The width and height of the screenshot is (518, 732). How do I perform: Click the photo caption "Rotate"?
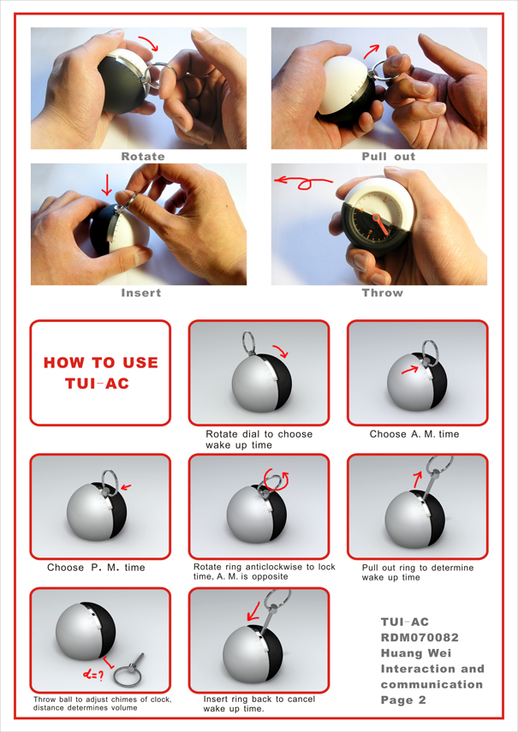coord(143,157)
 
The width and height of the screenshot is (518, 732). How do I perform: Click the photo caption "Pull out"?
coord(388,157)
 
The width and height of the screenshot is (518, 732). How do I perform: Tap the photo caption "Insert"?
coord(141,293)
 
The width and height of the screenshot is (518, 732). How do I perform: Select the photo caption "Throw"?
coord(382,293)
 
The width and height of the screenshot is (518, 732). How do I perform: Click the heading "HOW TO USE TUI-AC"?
coord(100,373)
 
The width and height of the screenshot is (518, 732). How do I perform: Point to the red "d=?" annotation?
coord(92,675)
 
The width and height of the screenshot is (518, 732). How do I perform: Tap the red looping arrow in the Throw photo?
coord(303,182)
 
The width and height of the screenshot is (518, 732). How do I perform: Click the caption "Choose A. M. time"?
coord(414,434)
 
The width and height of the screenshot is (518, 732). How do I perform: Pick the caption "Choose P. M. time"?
coord(96,568)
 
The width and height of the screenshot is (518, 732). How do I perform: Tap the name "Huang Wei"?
coord(416,653)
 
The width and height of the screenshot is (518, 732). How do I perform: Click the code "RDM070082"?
coord(420,637)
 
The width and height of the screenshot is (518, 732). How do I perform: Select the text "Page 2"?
coord(403,699)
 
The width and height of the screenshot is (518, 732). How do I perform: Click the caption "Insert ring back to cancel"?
coord(259,699)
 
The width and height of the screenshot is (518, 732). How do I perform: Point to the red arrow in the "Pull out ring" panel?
coord(417,479)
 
